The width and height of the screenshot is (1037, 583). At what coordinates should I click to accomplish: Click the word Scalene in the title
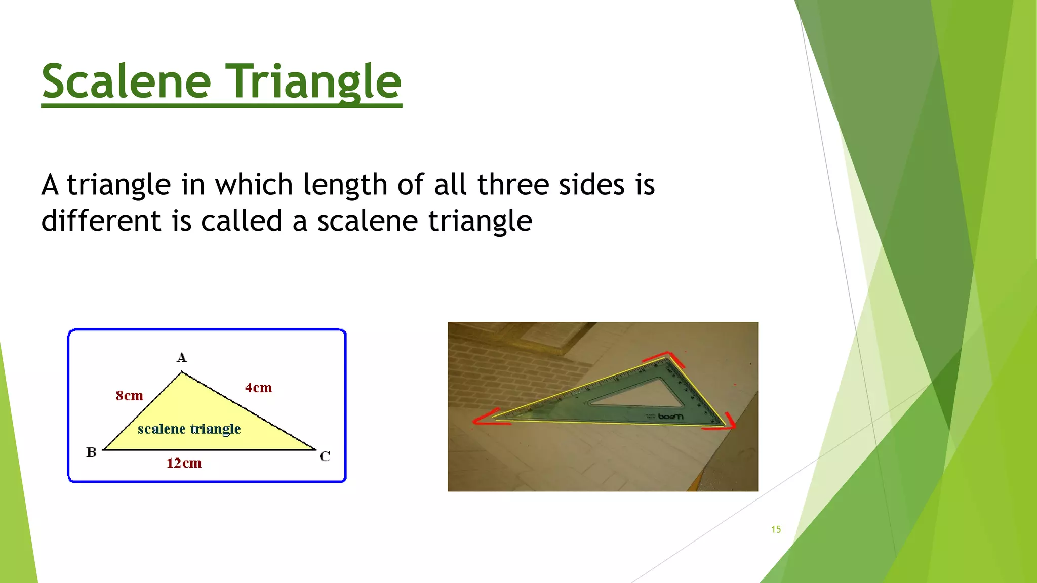(x=126, y=82)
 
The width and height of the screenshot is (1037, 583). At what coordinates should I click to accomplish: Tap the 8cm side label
(x=129, y=396)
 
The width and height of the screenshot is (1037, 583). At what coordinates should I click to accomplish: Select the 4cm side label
(x=258, y=388)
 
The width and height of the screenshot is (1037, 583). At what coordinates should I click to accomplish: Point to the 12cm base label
(x=184, y=463)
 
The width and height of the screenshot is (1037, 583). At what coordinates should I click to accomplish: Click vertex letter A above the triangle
(x=181, y=358)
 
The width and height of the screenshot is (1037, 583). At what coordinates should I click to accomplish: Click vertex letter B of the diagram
(x=91, y=452)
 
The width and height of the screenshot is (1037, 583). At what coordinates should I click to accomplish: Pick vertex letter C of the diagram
(x=325, y=456)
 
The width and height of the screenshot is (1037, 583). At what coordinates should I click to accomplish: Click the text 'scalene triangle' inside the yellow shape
(x=189, y=429)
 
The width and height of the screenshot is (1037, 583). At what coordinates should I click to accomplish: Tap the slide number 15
(x=776, y=529)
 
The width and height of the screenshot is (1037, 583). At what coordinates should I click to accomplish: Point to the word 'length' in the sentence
(x=345, y=185)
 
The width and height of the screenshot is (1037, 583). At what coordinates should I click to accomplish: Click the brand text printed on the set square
(x=670, y=417)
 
